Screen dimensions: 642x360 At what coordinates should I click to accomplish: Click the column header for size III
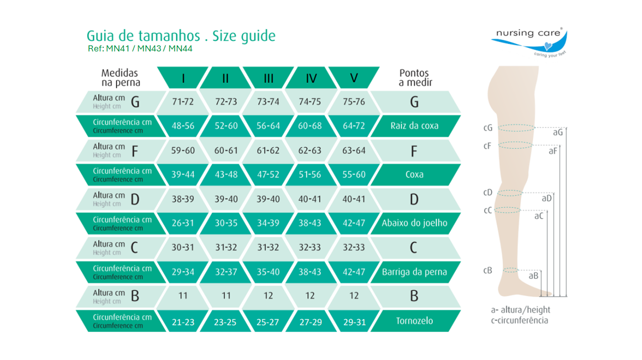(x=268, y=78)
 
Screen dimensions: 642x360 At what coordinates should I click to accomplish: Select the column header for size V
(x=354, y=78)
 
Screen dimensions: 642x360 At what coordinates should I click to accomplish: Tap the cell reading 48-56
(x=183, y=126)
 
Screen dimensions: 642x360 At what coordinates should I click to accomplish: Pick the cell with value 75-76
(x=354, y=101)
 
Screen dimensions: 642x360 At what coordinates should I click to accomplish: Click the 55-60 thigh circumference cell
(x=354, y=174)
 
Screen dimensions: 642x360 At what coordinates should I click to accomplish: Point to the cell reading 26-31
(x=183, y=223)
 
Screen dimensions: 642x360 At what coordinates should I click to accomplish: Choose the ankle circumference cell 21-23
(x=183, y=322)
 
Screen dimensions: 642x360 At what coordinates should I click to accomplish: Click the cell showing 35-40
(x=268, y=272)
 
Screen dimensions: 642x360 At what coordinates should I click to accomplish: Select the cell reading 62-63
(x=310, y=150)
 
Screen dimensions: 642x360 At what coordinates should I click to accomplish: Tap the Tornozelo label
(x=414, y=321)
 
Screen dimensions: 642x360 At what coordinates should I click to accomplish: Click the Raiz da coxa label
(x=414, y=126)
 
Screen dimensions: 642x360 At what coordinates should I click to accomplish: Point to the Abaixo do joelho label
(x=414, y=223)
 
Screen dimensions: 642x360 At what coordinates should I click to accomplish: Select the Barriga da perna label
(x=414, y=272)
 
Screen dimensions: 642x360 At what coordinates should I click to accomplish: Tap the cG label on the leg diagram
(x=488, y=128)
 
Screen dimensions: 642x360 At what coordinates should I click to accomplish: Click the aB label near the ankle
(x=533, y=276)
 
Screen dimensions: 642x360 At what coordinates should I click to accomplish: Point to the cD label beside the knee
(x=488, y=193)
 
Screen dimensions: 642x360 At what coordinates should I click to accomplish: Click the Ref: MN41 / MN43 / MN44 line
(x=140, y=48)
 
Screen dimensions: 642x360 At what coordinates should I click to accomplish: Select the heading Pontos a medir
(x=415, y=78)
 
